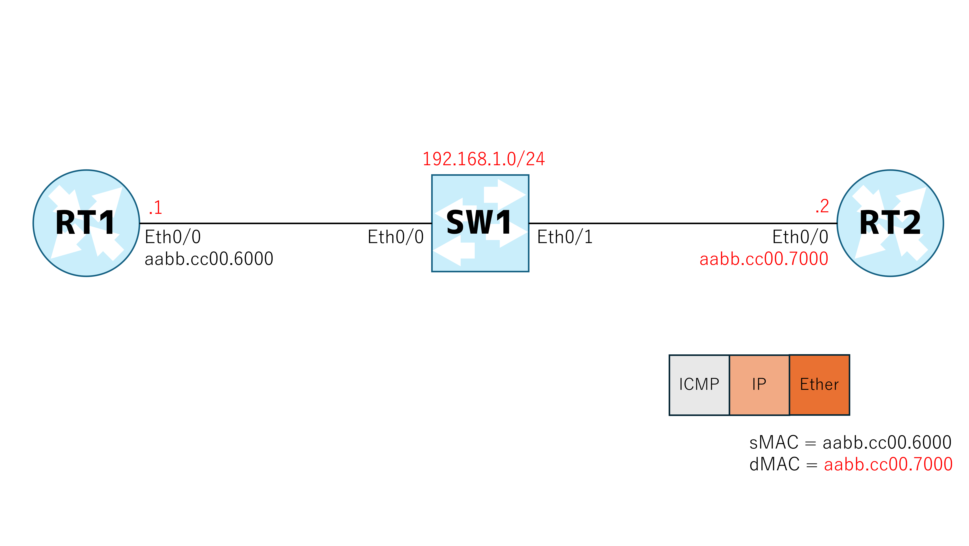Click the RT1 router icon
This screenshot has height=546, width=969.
click(86, 223)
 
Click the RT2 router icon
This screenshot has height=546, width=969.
click(890, 223)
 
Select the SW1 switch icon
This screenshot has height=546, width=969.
click(480, 223)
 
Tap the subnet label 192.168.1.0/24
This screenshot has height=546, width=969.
click(484, 159)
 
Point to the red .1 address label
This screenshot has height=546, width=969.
click(155, 207)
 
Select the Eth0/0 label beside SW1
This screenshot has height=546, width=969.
click(396, 237)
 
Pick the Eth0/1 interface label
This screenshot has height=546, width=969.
click(565, 237)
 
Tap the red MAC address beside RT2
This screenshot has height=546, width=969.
click(764, 259)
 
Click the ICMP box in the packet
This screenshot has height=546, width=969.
click(699, 385)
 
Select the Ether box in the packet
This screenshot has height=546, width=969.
click(819, 385)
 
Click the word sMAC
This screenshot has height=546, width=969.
click(774, 443)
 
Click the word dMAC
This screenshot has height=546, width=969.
click(775, 464)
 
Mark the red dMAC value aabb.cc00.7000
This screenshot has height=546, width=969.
click(888, 464)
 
